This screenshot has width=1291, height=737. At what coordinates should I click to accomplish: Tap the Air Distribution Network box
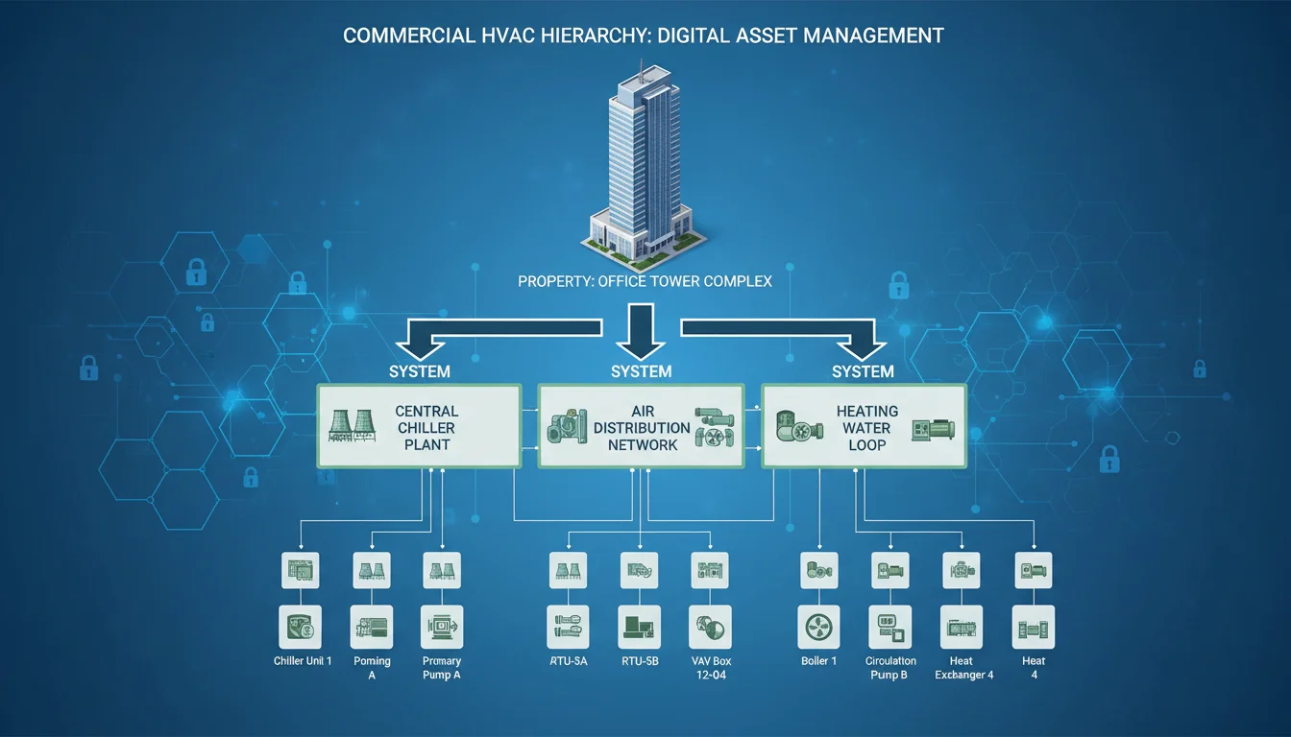(x=641, y=427)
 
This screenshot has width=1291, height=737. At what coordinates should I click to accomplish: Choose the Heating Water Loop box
(x=865, y=427)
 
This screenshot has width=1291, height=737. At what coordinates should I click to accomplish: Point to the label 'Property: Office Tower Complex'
(x=645, y=281)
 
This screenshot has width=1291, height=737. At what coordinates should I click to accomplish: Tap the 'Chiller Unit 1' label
(x=303, y=662)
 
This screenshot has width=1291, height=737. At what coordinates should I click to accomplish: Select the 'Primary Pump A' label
(x=442, y=668)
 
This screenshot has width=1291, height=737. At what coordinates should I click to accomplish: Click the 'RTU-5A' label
(x=568, y=662)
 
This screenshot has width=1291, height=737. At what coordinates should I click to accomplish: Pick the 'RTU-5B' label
(x=639, y=662)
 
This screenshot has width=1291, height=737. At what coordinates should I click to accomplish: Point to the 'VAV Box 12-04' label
(x=712, y=668)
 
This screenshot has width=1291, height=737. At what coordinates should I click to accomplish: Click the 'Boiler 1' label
(x=819, y=662)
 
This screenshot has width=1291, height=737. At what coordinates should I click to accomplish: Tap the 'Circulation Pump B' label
(x=891, y=668)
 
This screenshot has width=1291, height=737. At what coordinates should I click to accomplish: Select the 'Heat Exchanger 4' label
(x=963, y=668)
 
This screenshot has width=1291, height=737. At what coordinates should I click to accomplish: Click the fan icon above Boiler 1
(x=819, y=628)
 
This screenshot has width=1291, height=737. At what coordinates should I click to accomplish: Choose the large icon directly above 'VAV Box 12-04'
(x=712, y=628)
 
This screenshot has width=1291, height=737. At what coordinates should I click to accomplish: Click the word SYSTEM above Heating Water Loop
(x=863, y=371)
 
